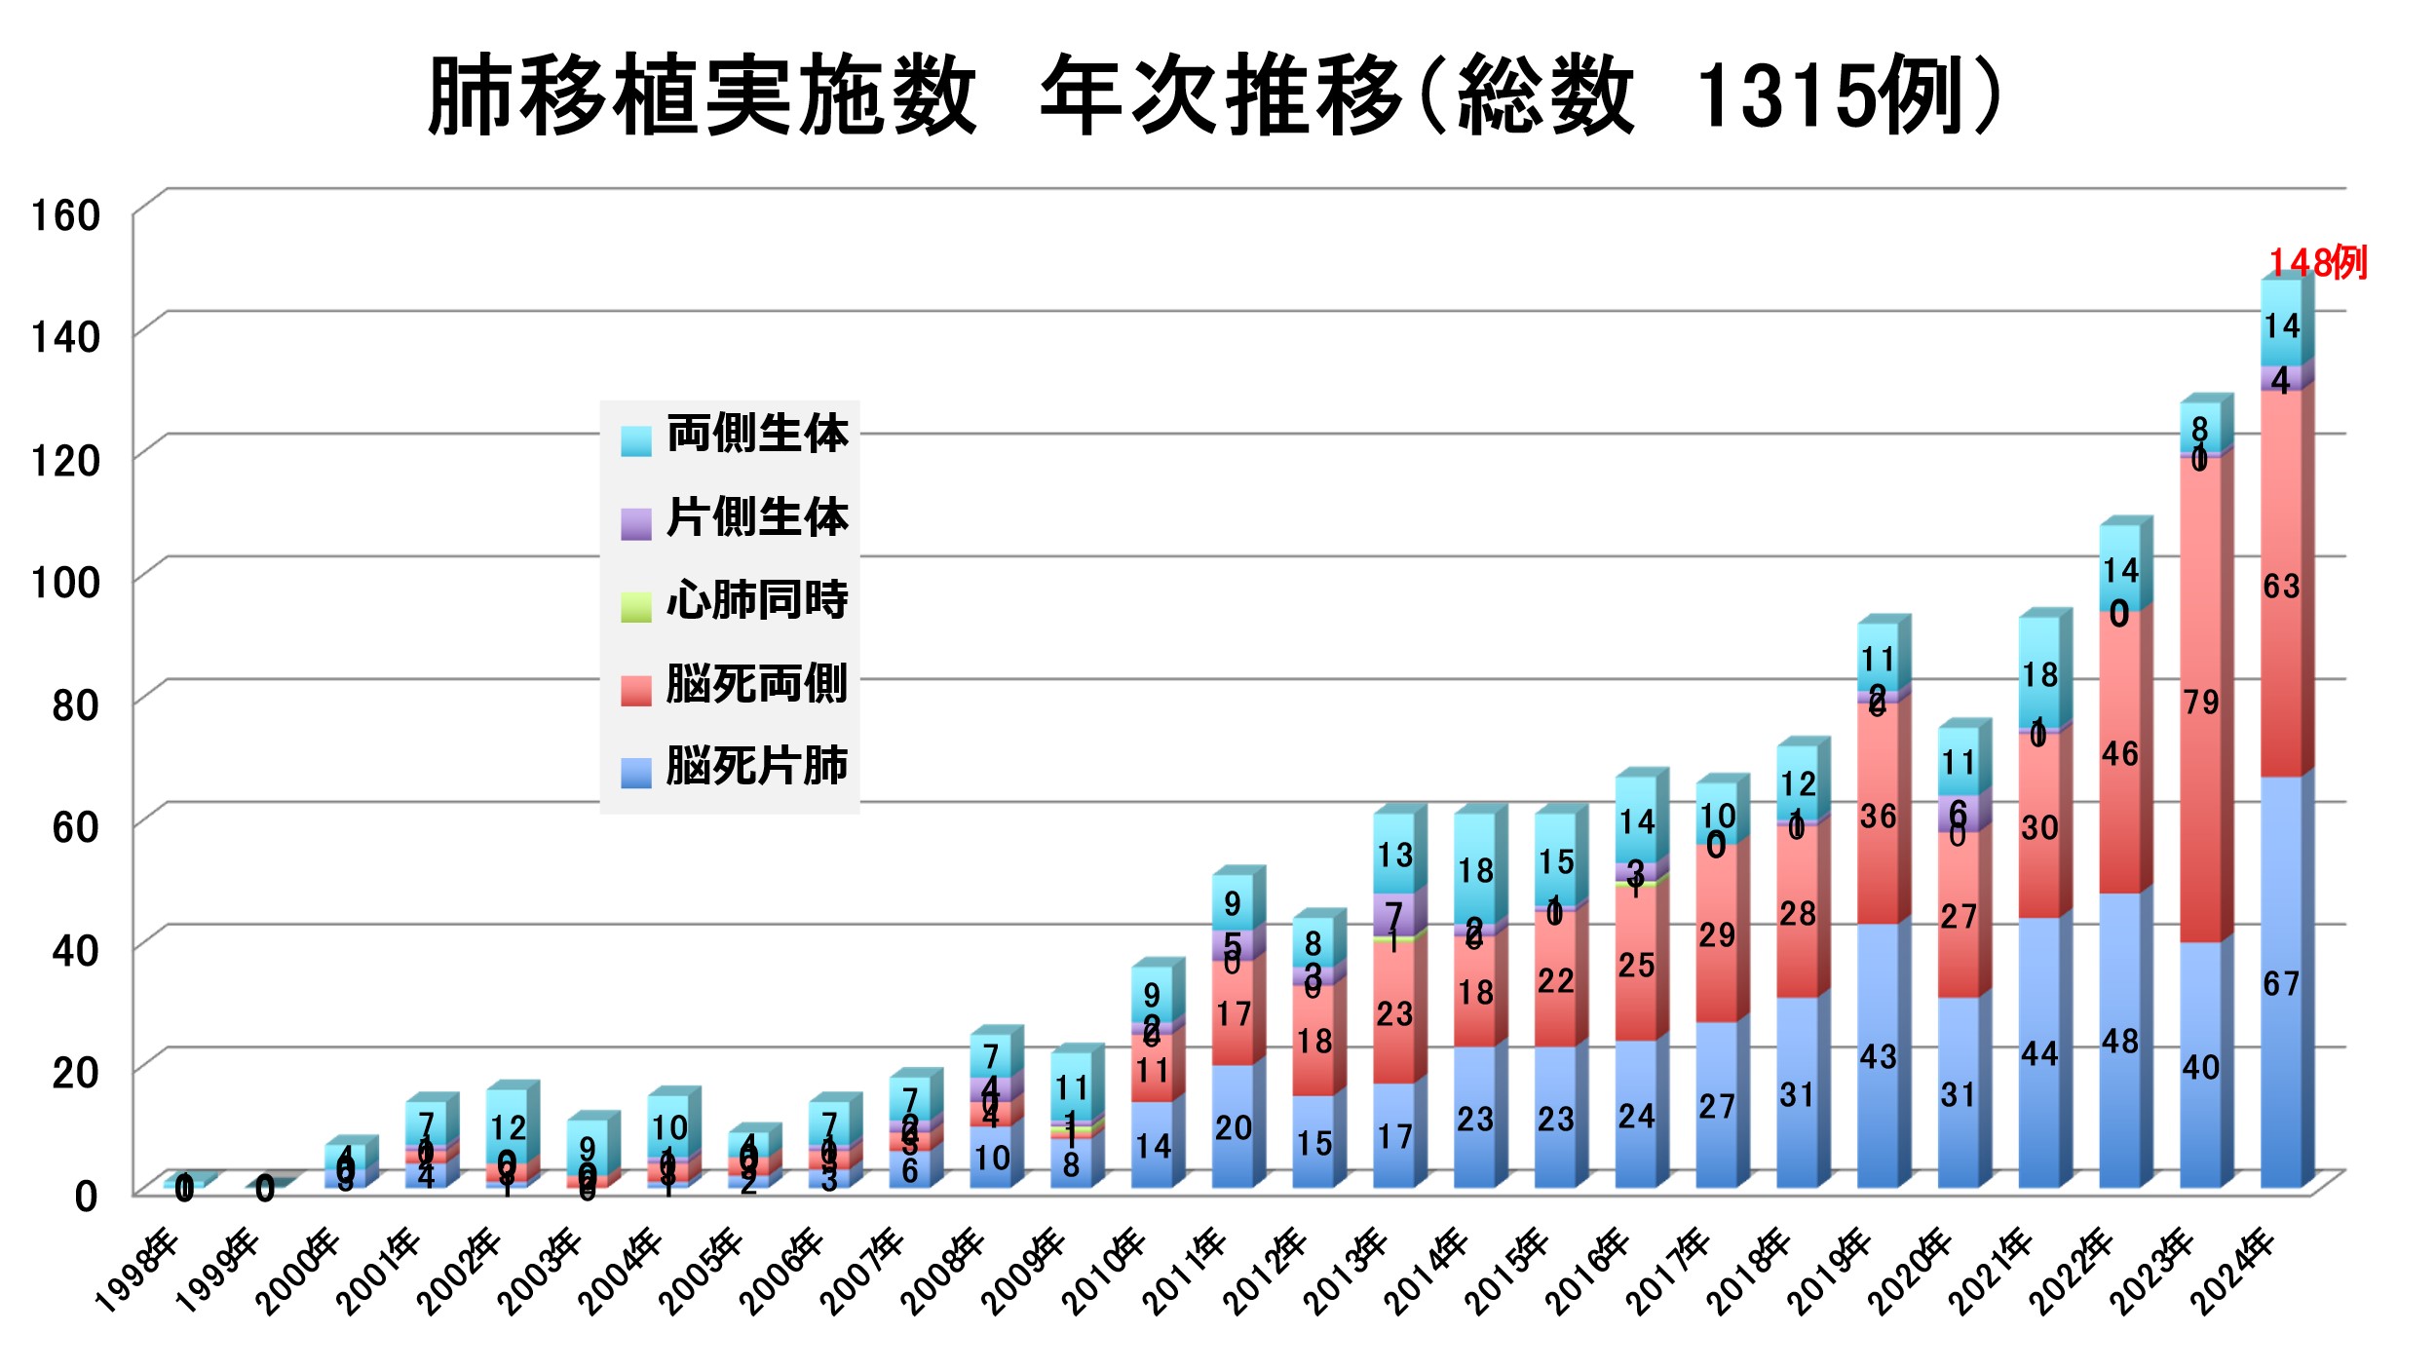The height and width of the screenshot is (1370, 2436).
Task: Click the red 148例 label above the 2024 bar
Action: (x=2317, y=263)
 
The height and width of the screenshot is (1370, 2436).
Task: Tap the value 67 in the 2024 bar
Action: (x=2281, y=984)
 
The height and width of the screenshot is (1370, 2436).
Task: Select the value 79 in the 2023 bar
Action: (x=2200, y=703)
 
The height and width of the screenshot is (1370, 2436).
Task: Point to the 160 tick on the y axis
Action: (x=66, y=215)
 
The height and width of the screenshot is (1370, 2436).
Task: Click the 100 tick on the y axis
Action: (x=66, y=583)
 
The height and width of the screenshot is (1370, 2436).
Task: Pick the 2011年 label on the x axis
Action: (x=1185, y=1271)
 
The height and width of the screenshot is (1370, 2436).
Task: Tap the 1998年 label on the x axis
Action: (x=136, y=1271)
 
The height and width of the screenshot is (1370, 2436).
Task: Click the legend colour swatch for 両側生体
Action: (x=636, y=440)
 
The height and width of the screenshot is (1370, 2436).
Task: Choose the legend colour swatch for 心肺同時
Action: (x=636, y=606)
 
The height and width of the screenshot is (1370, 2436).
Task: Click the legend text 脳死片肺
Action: (x=757, y=766)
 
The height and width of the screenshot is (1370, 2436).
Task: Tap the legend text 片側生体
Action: (x=757, y=517)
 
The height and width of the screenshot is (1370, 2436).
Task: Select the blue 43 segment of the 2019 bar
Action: (x=1878, y=1057)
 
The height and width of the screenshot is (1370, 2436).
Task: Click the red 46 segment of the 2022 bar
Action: (x=2119, y=753)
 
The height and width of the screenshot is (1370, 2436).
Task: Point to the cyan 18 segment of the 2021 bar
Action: (x=2039, y=674)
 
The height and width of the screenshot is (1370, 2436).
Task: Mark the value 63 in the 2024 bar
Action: (x=2281, y=587)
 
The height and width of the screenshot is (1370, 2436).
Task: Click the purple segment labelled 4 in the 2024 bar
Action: (x=2281, y=379)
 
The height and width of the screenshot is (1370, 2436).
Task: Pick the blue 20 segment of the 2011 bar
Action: (x=1233, y=1127)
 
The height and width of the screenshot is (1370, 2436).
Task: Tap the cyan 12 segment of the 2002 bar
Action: (x=508, y=1127)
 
